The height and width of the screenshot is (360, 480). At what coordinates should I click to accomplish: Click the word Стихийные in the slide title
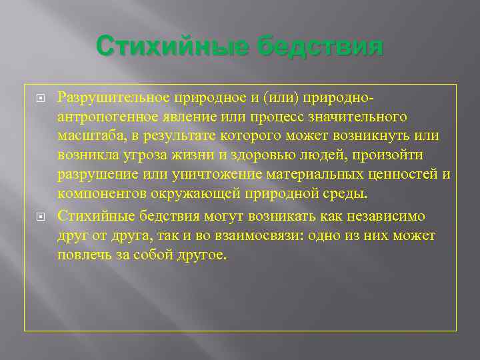173,47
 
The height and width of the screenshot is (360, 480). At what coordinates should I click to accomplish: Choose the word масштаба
87,136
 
